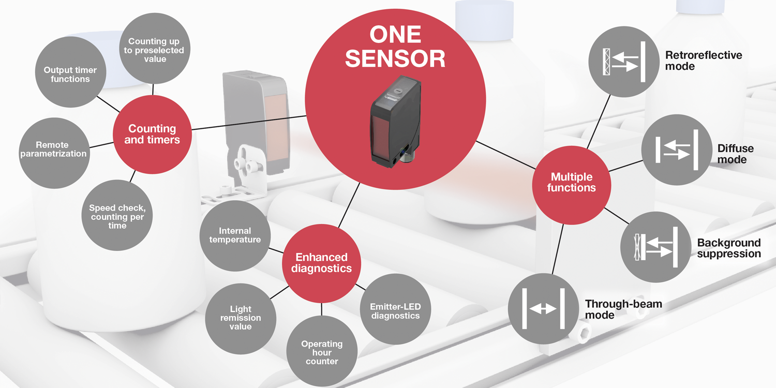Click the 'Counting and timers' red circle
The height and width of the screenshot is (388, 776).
152,135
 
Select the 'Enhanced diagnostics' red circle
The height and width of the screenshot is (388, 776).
321,263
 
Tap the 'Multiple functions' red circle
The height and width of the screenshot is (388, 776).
572,185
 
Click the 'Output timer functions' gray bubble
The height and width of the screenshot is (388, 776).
71,72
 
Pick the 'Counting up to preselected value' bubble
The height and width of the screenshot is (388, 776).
155,49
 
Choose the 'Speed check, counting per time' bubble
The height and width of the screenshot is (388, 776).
117,215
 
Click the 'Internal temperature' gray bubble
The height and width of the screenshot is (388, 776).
235,236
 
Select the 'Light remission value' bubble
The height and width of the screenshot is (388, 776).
241,319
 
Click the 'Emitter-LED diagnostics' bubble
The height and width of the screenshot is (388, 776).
396,309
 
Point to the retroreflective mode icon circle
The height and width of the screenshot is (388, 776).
624,62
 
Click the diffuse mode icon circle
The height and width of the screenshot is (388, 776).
677,150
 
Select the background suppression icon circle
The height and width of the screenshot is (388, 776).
656,247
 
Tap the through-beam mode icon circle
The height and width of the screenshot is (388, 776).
544,309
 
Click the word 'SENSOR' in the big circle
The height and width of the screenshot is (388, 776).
395,58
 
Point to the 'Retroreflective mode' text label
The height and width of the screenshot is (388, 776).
704,61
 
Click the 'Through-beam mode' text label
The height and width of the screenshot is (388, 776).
623,309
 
